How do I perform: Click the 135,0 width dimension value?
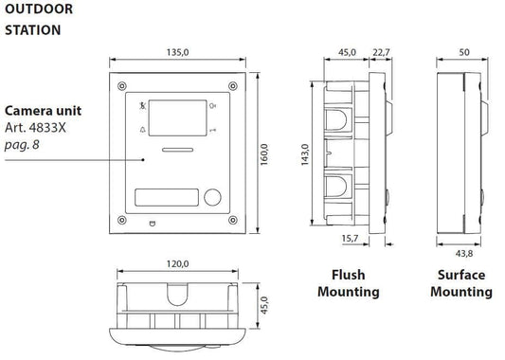[177, 52]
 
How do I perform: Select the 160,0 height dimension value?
[264, 154]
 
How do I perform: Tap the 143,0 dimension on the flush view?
[305, 154]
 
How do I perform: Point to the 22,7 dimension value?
[381, 52]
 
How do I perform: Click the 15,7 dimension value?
[350, 239]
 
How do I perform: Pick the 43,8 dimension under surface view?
[464, 253]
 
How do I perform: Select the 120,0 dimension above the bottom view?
[177, 264]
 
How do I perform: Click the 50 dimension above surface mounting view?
[464, 52]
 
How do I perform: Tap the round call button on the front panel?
[212, 197]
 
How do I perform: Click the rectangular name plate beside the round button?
[167, 197]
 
